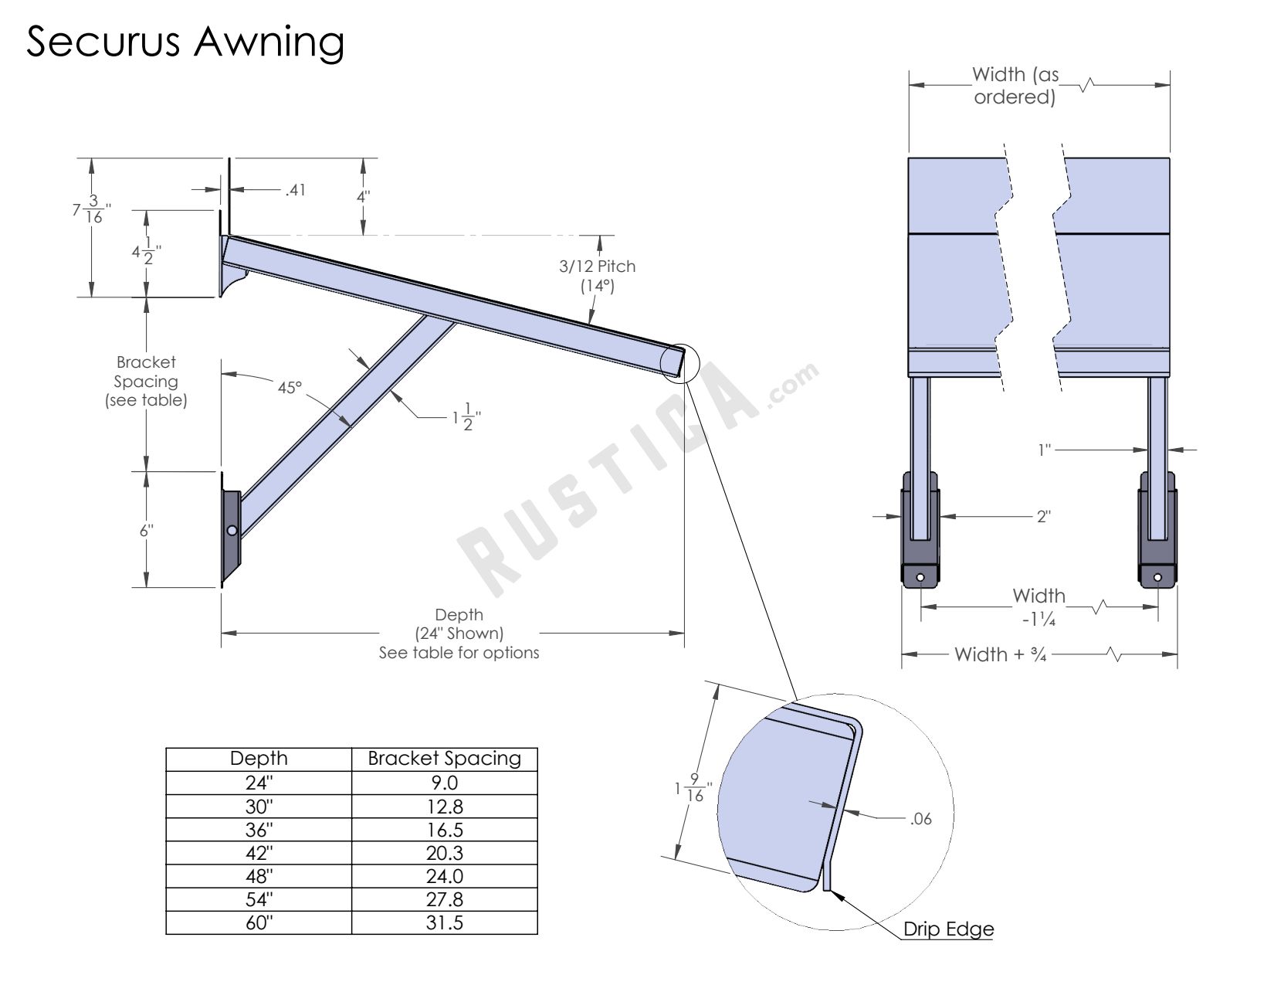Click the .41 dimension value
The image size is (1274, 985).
coord(295,189)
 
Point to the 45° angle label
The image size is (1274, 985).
coord(290,387)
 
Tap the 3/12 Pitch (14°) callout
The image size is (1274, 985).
coord(597,276)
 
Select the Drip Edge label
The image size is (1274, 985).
coord(948,929)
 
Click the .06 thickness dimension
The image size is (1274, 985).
coord(920,819)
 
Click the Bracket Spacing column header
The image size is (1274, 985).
coord(444,759)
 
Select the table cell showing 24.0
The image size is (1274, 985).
coord(444,876)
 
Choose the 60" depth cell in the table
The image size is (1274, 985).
coord(259,922)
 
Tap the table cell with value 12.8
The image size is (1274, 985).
coord(444,807)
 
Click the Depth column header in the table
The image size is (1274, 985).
coord(259,759)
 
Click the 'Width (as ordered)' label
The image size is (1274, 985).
coord(1015,85)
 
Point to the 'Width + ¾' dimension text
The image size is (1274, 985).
coord(1001,654)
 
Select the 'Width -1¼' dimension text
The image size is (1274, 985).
coord(1039,606)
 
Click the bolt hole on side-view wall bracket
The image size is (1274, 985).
coord(232,530)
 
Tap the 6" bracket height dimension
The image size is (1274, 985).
coord(147,530)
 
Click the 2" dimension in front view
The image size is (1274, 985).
coord(1043,516)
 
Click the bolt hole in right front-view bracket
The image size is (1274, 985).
coord(1157,576)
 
